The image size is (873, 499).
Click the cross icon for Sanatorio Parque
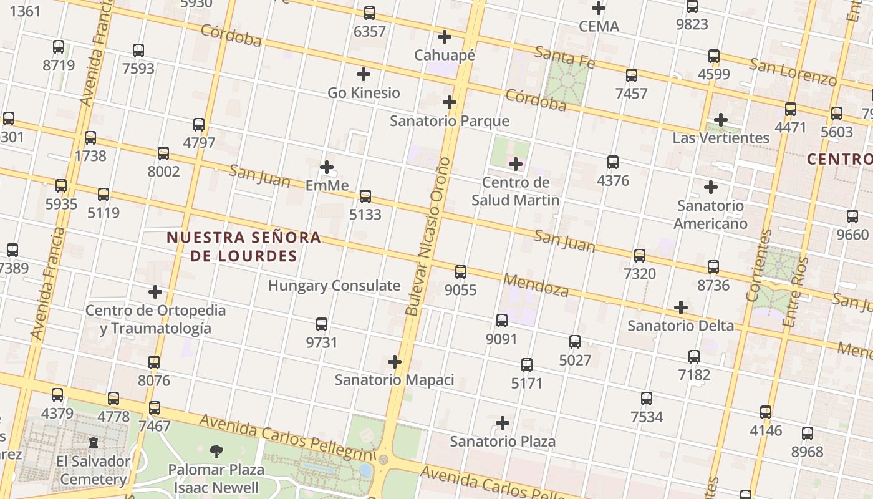click(x=450, y=102)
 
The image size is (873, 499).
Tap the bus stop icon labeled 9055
click(x=461, y=272)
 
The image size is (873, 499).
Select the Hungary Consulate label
click(x=334, y=286)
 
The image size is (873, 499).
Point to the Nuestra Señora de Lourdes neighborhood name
click(x=244, y=246)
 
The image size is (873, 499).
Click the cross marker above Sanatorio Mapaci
click(x=395, y=362)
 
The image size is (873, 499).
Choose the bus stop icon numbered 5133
click(x=365, y=196)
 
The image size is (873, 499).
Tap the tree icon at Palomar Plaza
click(x=216, y=452)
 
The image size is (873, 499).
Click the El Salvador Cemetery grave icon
click(x=94, y=443)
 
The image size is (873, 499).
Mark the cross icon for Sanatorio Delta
click(x=681, y=308)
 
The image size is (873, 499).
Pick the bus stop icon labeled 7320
click(x=640, y=256)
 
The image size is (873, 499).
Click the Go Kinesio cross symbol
click(x=364, y=75)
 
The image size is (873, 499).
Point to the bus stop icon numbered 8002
click(x=163, y=153)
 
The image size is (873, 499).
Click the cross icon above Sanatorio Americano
click(x=710, y=187)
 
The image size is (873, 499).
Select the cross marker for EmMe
click(x=327, y=167)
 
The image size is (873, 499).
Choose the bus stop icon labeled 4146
click(x=766, y=412)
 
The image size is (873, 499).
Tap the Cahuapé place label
click(x=445, y=55)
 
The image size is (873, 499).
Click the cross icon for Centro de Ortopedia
click(x=155, y=292)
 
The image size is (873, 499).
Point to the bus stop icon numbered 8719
click(x=59, y=47)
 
